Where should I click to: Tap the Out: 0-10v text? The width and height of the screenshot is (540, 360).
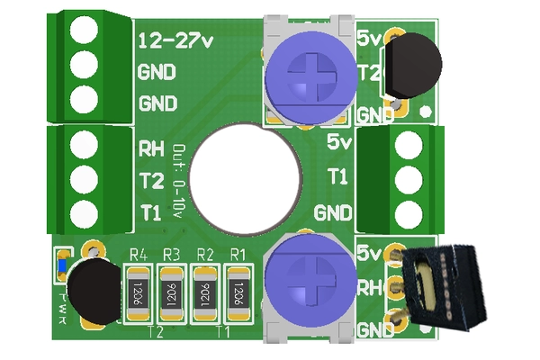tap(178, 180)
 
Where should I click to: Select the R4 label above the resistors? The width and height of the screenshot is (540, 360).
tap(138, 255)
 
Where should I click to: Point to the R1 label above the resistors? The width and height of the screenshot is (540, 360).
tap(238, 255)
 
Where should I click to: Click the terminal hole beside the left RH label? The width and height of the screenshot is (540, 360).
tap(84, 145)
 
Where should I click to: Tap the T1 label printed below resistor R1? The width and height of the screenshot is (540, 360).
tap(221, 332)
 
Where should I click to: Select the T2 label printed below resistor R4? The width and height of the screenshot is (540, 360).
tap(155, 332)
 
